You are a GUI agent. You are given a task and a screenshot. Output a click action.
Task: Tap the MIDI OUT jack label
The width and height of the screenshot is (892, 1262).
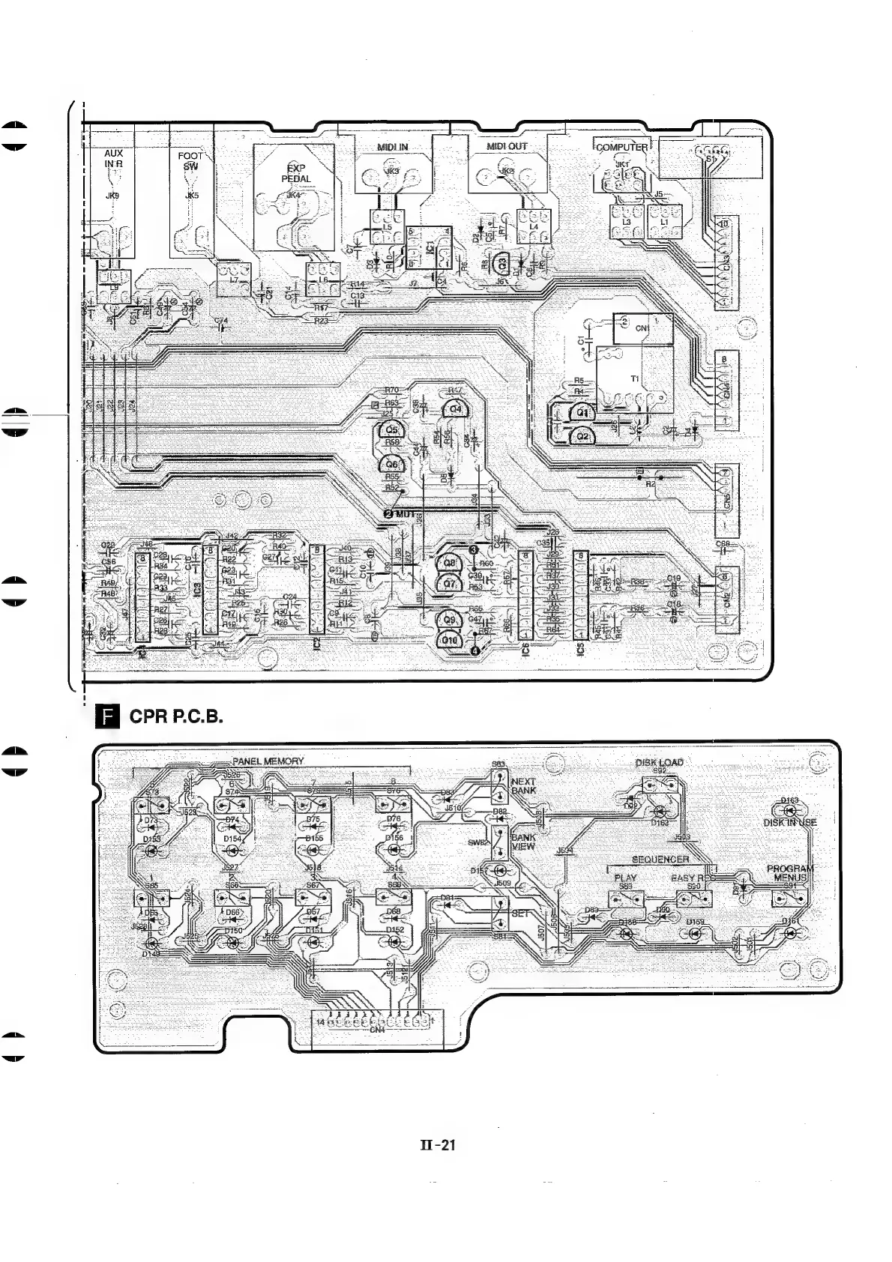[x=507, y=146]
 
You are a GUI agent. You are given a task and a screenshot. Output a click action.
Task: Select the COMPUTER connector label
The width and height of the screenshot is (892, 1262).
[x=621, y=147]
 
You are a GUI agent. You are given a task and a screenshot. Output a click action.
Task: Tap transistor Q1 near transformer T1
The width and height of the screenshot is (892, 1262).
[x=582, y=412]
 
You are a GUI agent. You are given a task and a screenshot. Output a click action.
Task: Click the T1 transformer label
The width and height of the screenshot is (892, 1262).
[x=635, y=379]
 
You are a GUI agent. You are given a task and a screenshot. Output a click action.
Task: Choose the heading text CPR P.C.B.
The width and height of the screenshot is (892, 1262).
[x=177, y=716]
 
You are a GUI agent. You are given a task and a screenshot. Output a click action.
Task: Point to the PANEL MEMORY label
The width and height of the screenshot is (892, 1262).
[x=268, y=761]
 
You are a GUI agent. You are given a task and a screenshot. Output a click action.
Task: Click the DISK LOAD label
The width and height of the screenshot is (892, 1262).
[x=659, y=763]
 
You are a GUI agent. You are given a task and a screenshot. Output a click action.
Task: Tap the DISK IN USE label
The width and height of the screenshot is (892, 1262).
[x=789, y=823]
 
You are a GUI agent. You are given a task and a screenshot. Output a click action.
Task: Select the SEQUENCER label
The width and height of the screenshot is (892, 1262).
[x=660, y=860]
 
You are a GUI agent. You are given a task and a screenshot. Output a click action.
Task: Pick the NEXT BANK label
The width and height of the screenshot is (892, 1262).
[x=523, y=785]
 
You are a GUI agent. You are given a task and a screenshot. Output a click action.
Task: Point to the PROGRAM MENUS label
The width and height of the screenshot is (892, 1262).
[x=789, y=873]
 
